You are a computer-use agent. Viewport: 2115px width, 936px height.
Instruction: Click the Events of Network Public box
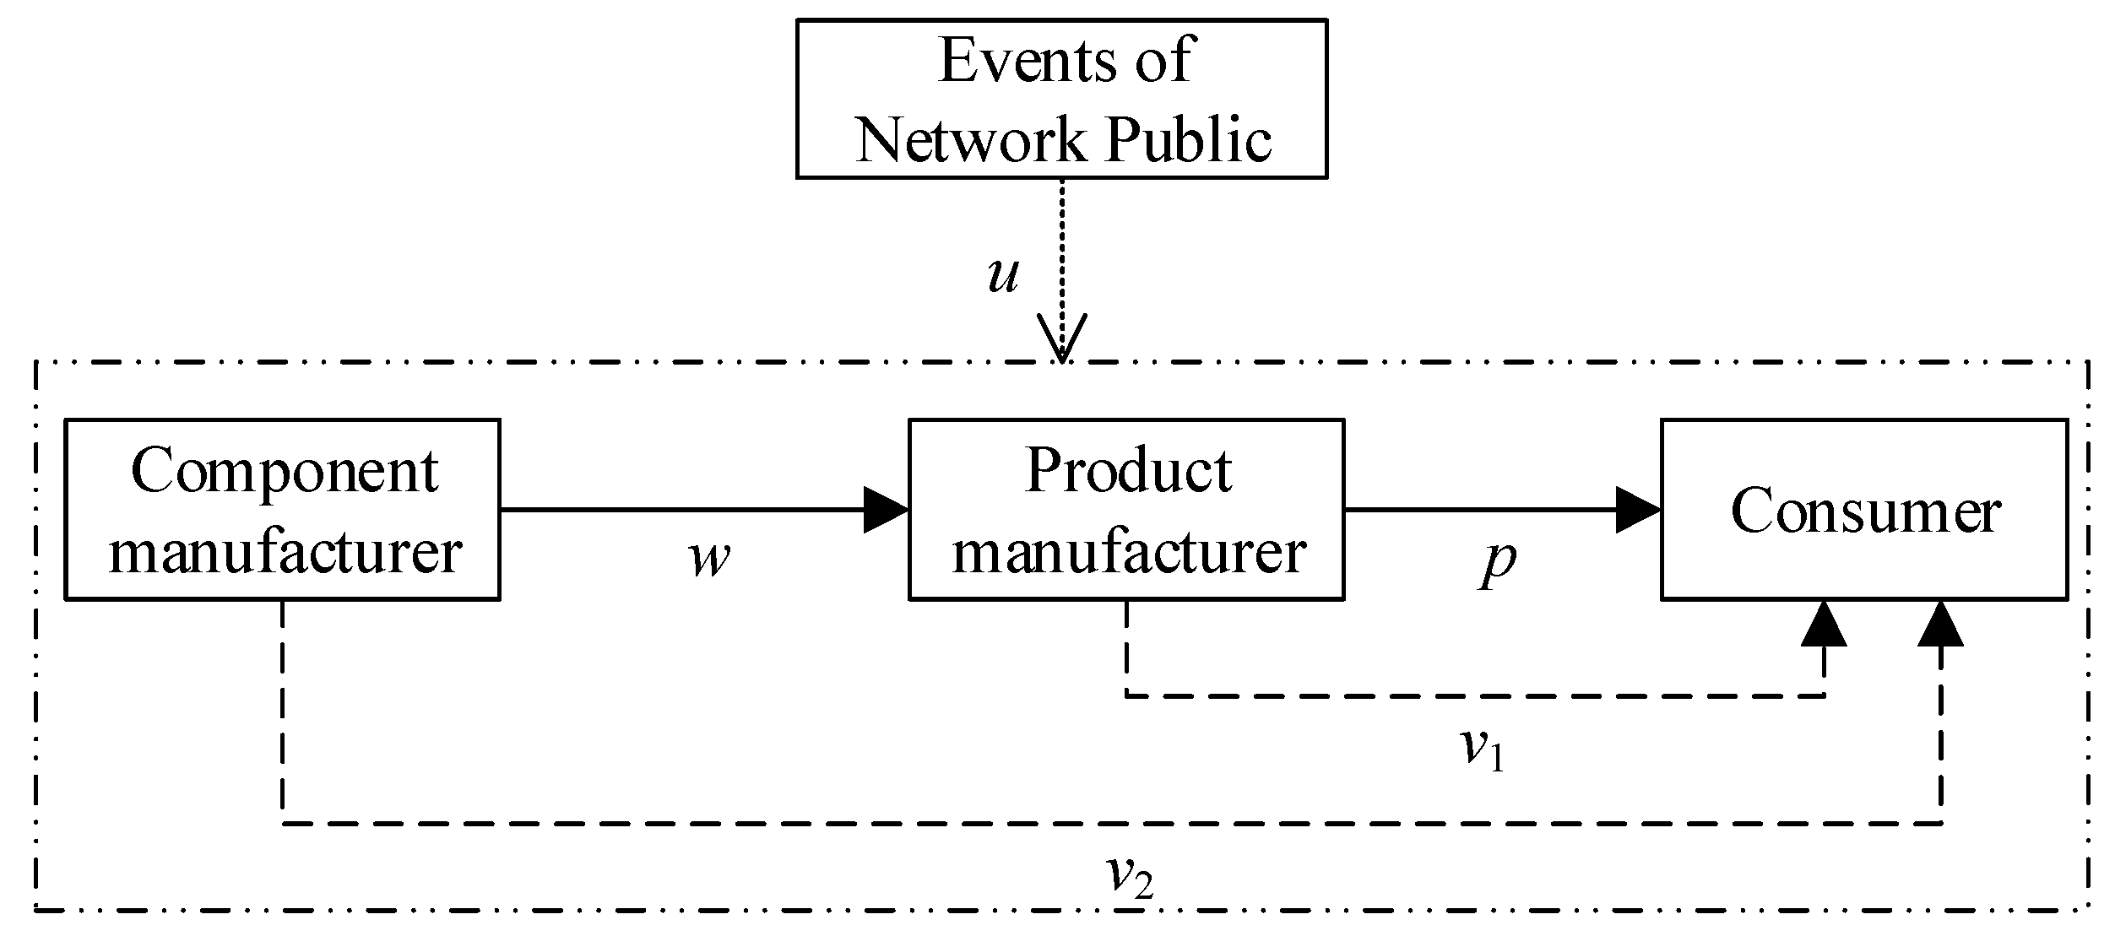pos(1061,100)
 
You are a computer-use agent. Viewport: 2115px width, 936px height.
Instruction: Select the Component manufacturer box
pos(282,509)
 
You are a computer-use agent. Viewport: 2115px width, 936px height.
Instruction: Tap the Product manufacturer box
pos(1126,509)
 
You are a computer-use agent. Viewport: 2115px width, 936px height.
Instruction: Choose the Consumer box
pos(1864,509)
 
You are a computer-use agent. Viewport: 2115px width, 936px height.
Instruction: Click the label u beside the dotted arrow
pos(1002,275)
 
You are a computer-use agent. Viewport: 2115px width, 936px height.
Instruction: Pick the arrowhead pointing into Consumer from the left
pos(1637,510)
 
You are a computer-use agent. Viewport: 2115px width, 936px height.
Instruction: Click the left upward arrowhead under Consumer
pos(1824,625)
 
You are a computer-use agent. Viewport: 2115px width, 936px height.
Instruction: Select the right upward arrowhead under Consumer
pos(1940,625)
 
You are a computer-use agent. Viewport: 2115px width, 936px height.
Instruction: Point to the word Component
pos(285,471)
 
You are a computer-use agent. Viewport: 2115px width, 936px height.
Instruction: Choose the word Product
pos(1129,470)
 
